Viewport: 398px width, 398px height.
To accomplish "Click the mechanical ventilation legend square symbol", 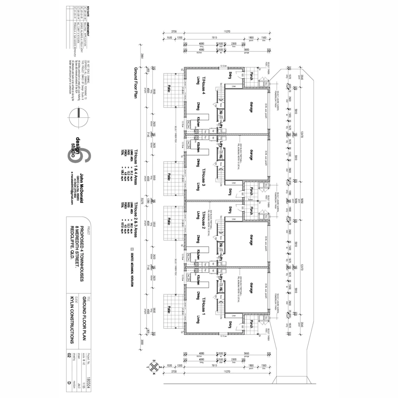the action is (x=132, y=250).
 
